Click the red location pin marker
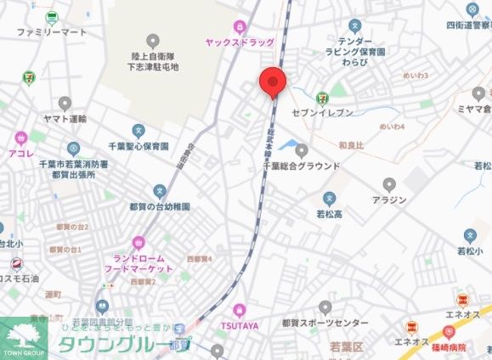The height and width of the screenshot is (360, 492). coord(272,82)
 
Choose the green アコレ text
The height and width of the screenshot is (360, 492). coord(20,152)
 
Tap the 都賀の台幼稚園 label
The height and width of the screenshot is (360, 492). coord(159,206)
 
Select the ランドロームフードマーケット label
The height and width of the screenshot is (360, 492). coord(139,262)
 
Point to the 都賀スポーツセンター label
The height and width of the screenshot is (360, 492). coord(325,323)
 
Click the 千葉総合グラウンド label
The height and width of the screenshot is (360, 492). coord(301,166)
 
